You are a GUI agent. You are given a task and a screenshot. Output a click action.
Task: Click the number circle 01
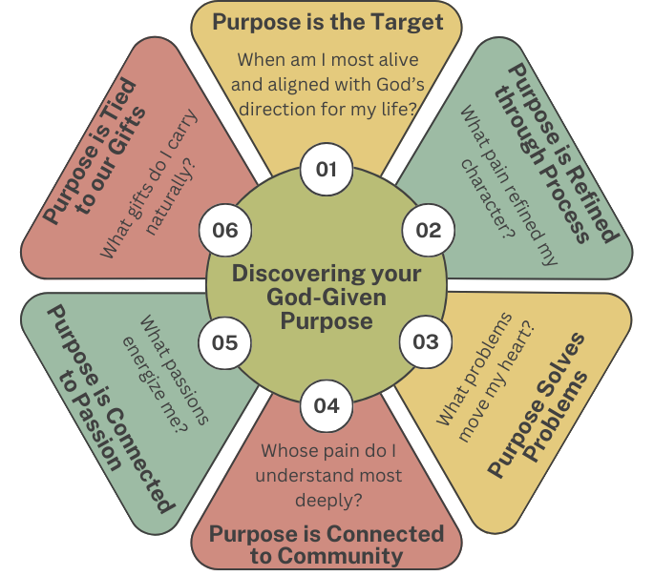point(327,170)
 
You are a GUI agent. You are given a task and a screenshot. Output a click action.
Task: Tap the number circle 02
point(428,230)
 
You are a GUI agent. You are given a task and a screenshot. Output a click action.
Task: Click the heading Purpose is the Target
point(327,22)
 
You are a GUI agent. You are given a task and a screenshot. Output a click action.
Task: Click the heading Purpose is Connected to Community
point(327,545)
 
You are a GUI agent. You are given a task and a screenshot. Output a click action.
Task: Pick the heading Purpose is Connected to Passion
point(100,410)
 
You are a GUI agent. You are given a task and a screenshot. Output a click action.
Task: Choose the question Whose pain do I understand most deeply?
point(327,475)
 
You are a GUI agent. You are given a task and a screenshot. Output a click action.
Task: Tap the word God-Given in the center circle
point(327,298)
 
